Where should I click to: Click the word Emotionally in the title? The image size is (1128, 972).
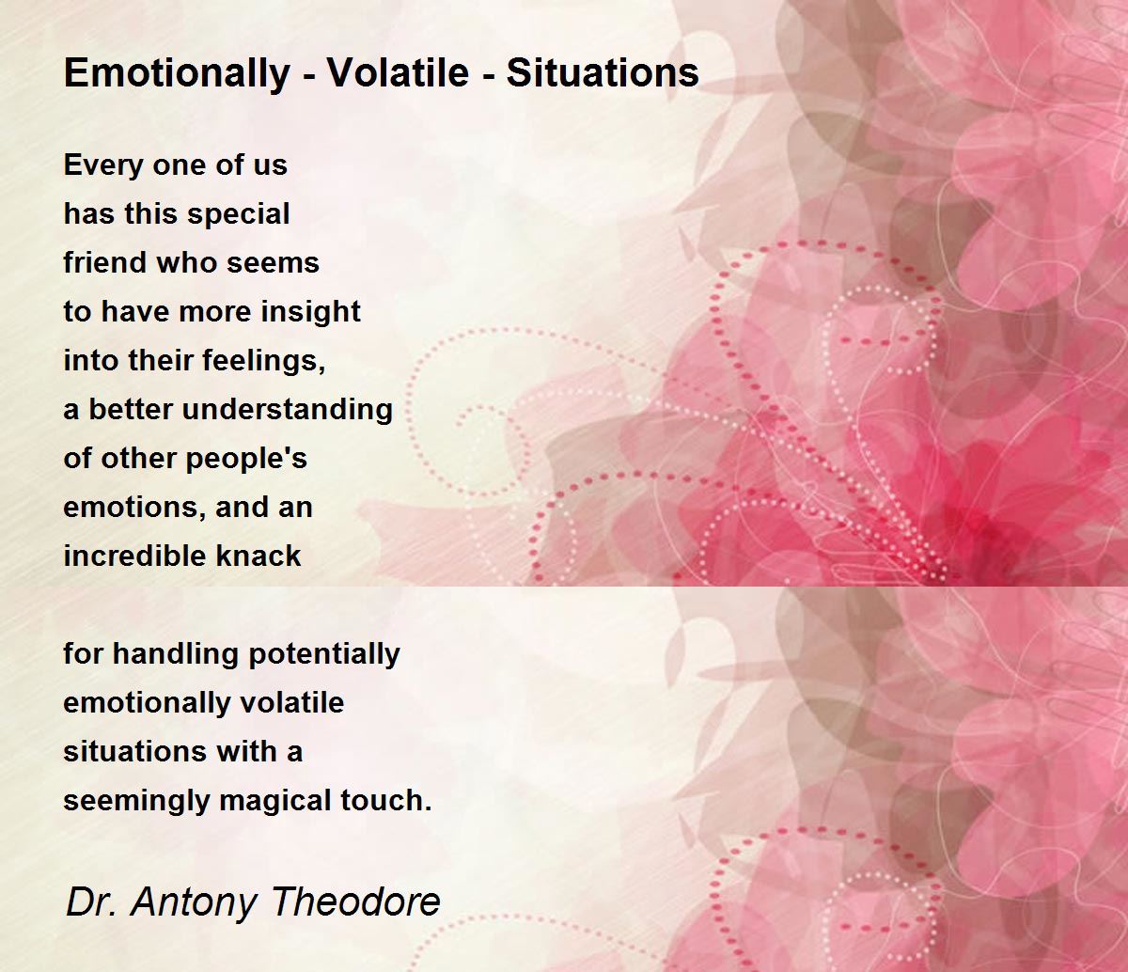coord(177,73)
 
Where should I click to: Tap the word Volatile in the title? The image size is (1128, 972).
coord(398,72)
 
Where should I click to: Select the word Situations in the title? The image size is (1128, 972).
coord(603,72)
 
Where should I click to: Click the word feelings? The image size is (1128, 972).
coord(263,361)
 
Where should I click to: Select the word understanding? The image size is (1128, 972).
coord(287,409)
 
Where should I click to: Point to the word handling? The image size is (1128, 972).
coord(175,655)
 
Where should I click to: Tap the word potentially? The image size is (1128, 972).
coord(324,655)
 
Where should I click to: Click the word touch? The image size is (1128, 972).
coord(385,801)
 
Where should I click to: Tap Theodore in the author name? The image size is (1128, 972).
coord(355,901)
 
